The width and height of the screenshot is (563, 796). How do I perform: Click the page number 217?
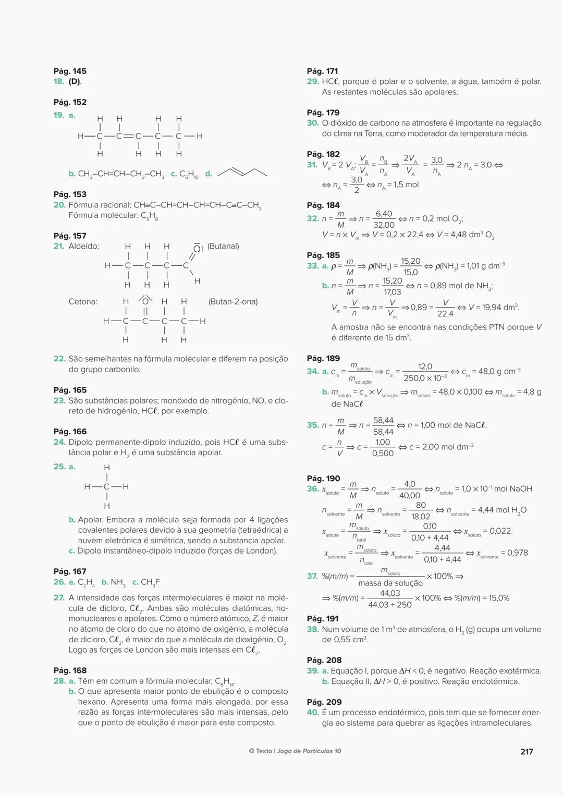point(527,752)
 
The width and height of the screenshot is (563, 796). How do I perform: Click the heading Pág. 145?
point(70,71)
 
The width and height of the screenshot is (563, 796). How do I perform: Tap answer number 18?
point(59,82)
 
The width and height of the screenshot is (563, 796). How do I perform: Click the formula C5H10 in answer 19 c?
point(189,174)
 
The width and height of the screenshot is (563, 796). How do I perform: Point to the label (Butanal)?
point(223,246)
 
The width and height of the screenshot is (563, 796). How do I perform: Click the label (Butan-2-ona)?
point(233,302)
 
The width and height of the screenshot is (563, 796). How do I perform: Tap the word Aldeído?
point(83,247)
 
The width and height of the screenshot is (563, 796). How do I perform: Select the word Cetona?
point(83,302)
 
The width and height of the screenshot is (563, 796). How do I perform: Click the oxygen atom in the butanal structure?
point(198,248)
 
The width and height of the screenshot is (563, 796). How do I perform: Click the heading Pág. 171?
point(322,71)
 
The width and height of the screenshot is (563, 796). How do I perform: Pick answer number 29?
point(313,82)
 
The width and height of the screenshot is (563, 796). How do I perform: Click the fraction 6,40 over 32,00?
point(384,219)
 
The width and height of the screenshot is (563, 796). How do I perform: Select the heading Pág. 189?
point(323,359)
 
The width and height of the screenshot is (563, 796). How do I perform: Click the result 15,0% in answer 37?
point(496,598)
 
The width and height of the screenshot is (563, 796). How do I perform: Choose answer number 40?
point(313,713)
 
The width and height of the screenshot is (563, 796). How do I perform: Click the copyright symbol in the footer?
point(251,751)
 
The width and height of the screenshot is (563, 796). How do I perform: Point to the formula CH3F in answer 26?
point(150,582)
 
